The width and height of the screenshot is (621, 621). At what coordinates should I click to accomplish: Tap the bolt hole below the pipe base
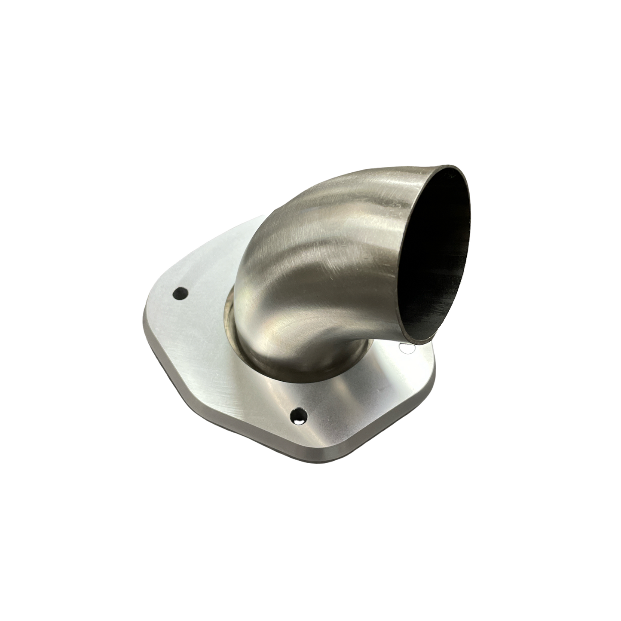297,414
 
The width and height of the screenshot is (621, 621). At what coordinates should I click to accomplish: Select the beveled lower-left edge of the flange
223,413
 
